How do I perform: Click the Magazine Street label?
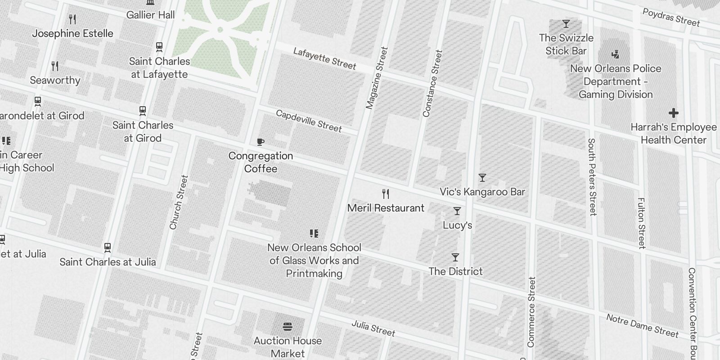coord(377,78)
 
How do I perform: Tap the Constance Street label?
coord(433,84)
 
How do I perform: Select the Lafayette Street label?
coord(324,58)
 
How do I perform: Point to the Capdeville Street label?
coord(309,121)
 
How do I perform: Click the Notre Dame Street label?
coord(642,325)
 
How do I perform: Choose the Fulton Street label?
coord(641,223)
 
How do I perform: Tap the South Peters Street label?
coord(592,177)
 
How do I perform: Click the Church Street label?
coord(178,202)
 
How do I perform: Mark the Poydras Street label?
coord(671,18)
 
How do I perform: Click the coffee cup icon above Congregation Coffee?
coord(260,142)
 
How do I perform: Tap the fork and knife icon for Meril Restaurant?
coord(386,194)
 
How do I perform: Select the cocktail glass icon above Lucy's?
coord(457,211)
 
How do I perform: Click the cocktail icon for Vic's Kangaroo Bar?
coord(482,178)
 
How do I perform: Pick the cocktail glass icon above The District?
coord(455,257)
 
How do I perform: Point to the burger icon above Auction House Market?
coord(288,326)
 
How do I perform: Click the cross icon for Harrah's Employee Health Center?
coord(673,113)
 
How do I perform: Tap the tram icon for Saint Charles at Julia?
coord(108,247)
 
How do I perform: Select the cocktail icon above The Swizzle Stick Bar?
coord(566,24)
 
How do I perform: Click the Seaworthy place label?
coord(55,80)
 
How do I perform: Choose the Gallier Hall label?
coord(150,15)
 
